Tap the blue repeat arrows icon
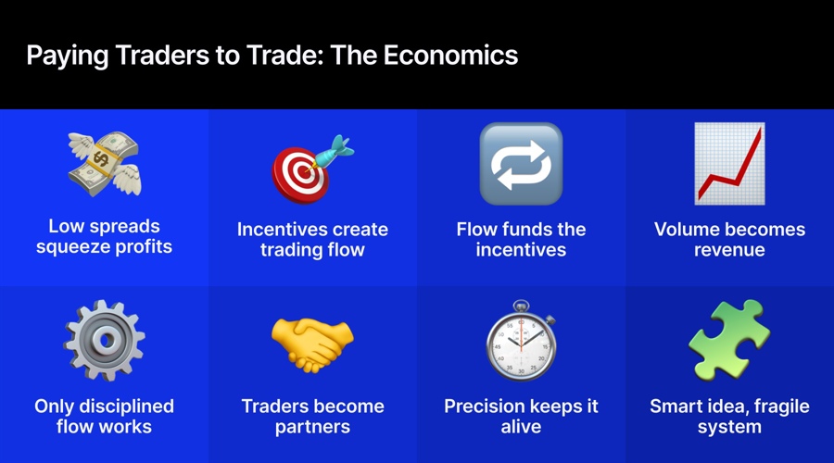tap(521, 164)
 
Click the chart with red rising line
tap(729, 164)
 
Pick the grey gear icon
tap(103, 340)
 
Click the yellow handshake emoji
tap(312, 343)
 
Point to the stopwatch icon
tap(521, 343)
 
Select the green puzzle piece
tap(729, 340)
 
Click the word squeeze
tap(75, 246)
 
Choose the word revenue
tap(729, 250)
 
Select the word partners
tap(312, 427)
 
